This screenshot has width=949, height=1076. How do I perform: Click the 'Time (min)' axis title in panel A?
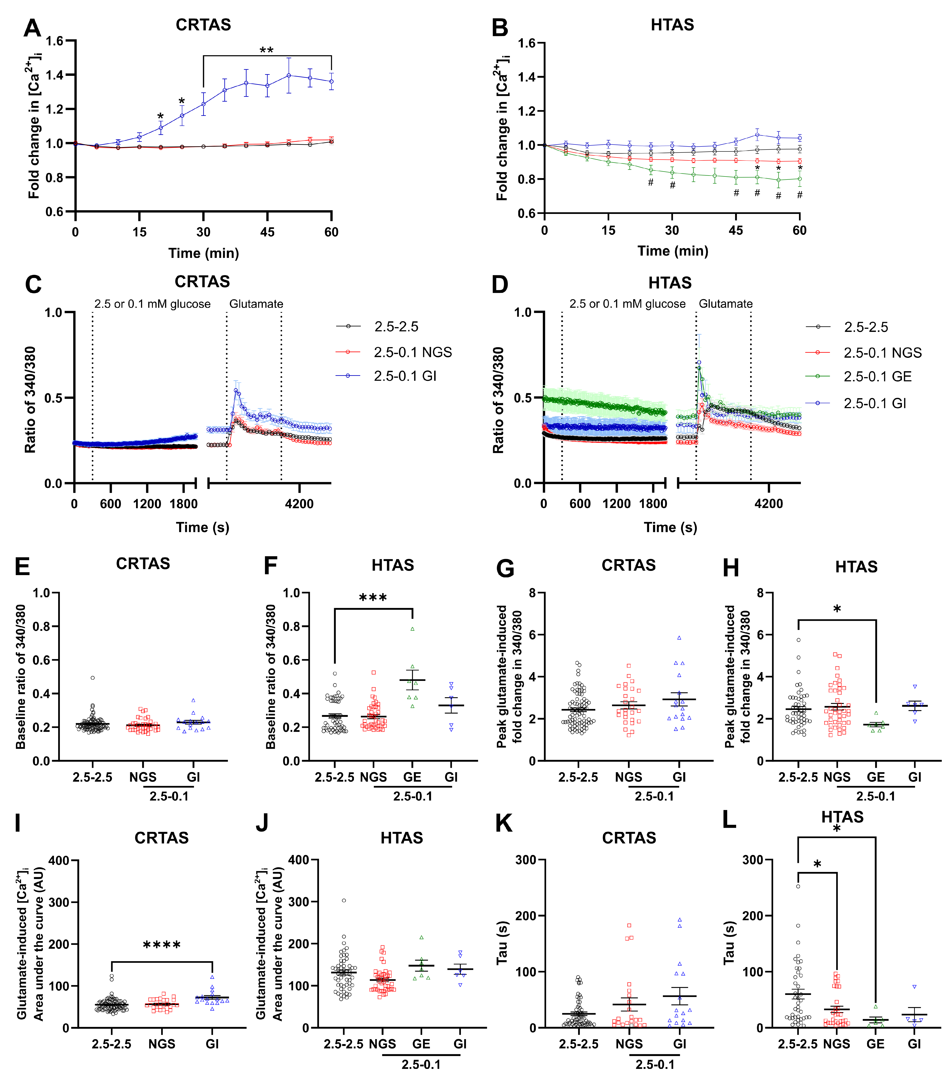pos(204,253)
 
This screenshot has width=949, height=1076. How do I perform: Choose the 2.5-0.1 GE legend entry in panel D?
pos(877,376)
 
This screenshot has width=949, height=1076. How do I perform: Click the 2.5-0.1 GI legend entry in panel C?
pos(405,376)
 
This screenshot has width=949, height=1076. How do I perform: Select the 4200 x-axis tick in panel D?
pos(769,504)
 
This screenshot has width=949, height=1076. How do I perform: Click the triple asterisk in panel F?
pos(373,597)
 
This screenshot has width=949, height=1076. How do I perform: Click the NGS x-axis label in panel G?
pos(629,777)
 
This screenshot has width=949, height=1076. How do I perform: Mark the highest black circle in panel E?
pos(93,678)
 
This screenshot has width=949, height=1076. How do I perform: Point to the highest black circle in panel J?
pos(344,900)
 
